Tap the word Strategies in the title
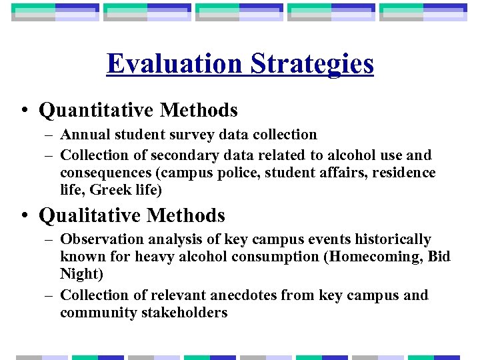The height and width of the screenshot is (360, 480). coord(312,64)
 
